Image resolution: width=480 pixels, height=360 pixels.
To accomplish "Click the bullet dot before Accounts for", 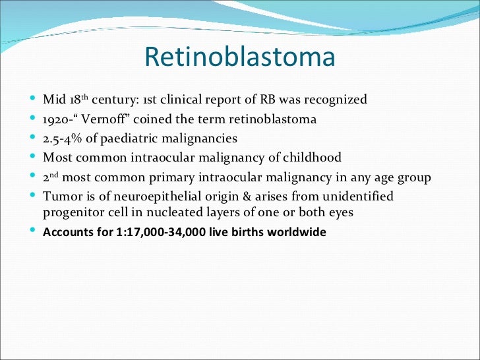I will click(x=34, y=232).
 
